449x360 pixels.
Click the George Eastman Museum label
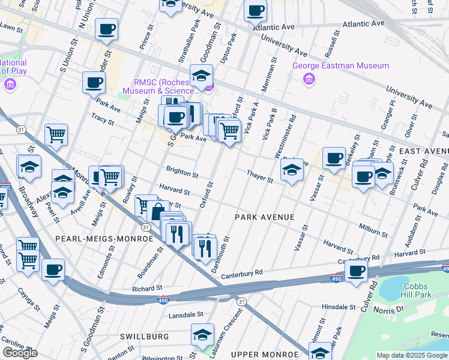340,66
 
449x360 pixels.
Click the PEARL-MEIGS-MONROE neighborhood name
104,239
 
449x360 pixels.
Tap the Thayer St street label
259,174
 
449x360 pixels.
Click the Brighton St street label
182,174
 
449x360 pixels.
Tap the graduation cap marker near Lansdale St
202,334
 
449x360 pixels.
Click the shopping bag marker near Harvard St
158,211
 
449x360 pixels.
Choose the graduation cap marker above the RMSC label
201,76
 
